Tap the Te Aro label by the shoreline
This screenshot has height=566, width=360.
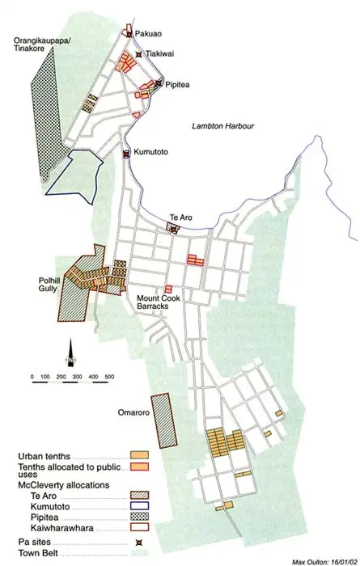click(180, 218)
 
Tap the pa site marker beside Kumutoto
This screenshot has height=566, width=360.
click(126, 154)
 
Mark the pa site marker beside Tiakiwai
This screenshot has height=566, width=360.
click(139, 54)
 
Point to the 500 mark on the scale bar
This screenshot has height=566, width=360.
click(109, 377)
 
